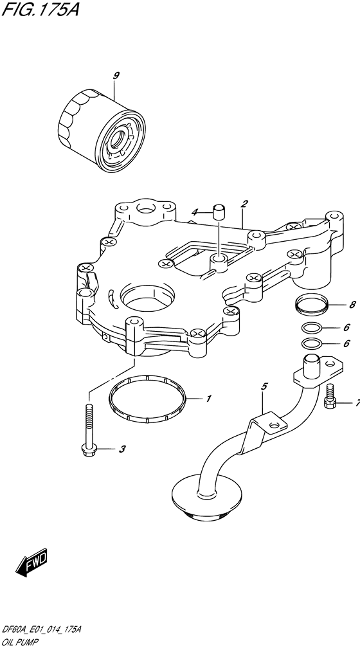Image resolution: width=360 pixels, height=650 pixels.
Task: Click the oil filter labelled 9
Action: [x=102, y=132]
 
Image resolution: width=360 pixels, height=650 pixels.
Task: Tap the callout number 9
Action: [x=116, y=75]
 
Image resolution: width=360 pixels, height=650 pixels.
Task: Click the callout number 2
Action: [x=244, y=204]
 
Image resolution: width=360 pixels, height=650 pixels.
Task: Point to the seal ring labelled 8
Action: [x=313, y=304]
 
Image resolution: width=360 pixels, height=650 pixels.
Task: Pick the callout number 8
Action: [x=352, y=305]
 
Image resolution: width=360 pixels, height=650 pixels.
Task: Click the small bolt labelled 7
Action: [x=329, y=397]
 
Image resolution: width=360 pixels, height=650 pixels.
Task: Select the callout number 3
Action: [x=122, y=449]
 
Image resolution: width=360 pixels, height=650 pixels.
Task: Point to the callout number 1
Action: [x=209, y=399]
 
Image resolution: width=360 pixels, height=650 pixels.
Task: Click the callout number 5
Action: [x=264, y=387]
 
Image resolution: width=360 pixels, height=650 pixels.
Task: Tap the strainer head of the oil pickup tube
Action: [x=207, y=497]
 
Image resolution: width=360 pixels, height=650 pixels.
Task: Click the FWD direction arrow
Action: [x=32, y=562]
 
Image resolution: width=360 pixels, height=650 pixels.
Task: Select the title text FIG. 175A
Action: [x=40, y=9]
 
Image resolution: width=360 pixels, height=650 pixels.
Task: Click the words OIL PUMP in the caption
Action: [x=19, y=642]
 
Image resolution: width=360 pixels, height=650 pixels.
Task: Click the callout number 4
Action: [x=195, y=212]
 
